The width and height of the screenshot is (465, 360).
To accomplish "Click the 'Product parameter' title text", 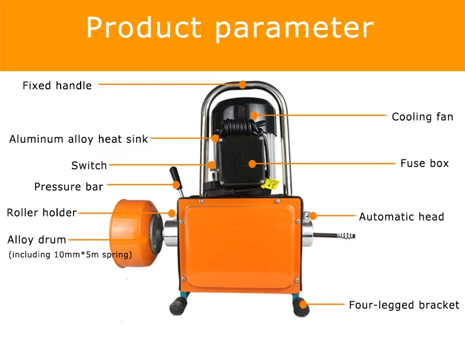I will point(230,28).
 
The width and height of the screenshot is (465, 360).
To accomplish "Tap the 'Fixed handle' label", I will point(57,86).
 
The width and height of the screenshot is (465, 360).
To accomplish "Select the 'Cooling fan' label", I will point(422,117).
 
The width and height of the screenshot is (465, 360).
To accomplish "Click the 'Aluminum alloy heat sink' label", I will point(78,139).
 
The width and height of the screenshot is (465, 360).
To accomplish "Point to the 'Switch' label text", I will point(89,166).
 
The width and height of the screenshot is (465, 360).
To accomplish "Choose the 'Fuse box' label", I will point(424,164).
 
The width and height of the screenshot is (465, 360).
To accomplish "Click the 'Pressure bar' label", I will point(68,187).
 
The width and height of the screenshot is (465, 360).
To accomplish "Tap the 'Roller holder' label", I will point(41,212).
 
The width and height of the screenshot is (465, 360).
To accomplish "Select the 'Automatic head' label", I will point(401,216).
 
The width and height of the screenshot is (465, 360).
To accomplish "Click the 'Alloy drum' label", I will point(36,239).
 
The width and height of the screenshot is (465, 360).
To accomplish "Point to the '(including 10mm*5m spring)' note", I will point(69,255).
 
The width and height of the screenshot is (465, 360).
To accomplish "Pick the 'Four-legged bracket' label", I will point(404,305).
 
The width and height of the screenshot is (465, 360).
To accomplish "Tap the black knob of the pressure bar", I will point(174,175).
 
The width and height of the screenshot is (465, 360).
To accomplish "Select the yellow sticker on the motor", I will point(272,184).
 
